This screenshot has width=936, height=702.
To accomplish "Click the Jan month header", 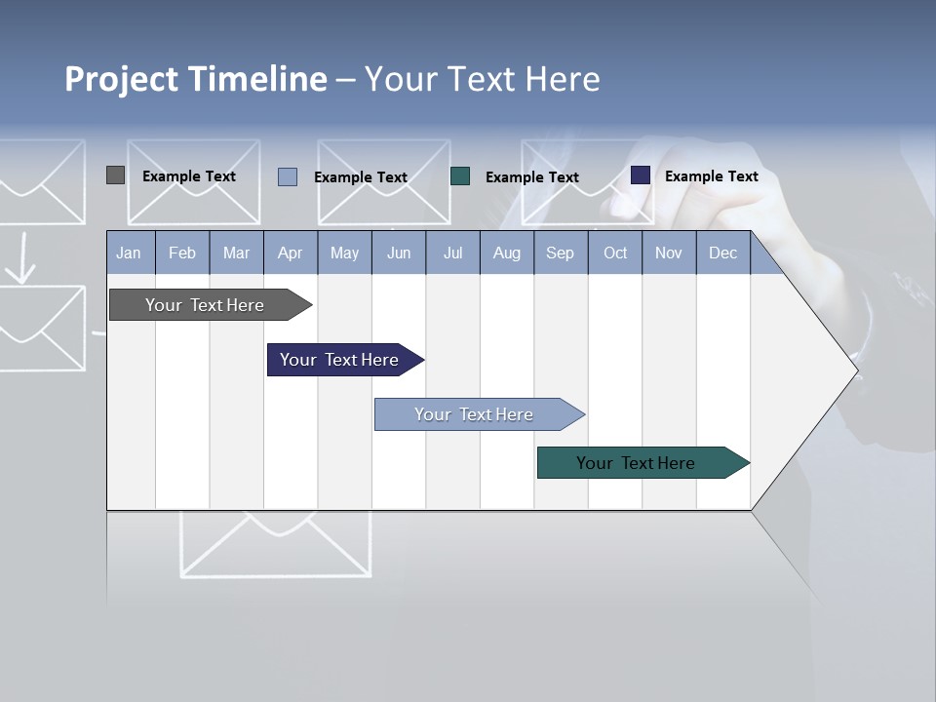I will (x=129, y=253).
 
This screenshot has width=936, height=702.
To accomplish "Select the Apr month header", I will (x=290, y=253).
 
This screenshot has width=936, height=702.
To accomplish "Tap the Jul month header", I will (x=452, y=253).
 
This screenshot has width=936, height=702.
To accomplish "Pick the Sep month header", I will (x=560, y=253).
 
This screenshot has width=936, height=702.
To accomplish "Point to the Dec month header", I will (x=722, y=253).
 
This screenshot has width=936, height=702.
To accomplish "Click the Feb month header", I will (x=182, y=253).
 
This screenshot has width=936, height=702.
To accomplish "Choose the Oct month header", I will (x=615, y=253).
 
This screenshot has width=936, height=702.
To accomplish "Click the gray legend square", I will (x=115, y=175).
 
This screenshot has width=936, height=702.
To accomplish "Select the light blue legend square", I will (x=287, y=176).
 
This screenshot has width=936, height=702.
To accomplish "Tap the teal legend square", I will (x=460, y=175).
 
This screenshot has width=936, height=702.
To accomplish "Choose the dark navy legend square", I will (x=640, y=175).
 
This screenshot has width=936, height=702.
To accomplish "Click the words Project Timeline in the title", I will (x=196, y=79).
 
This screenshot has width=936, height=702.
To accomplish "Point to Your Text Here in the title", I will (x=483, y=79).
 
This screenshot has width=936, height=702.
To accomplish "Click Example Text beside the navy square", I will (x=711, y=176).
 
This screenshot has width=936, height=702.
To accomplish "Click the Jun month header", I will (x=399, y=253).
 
